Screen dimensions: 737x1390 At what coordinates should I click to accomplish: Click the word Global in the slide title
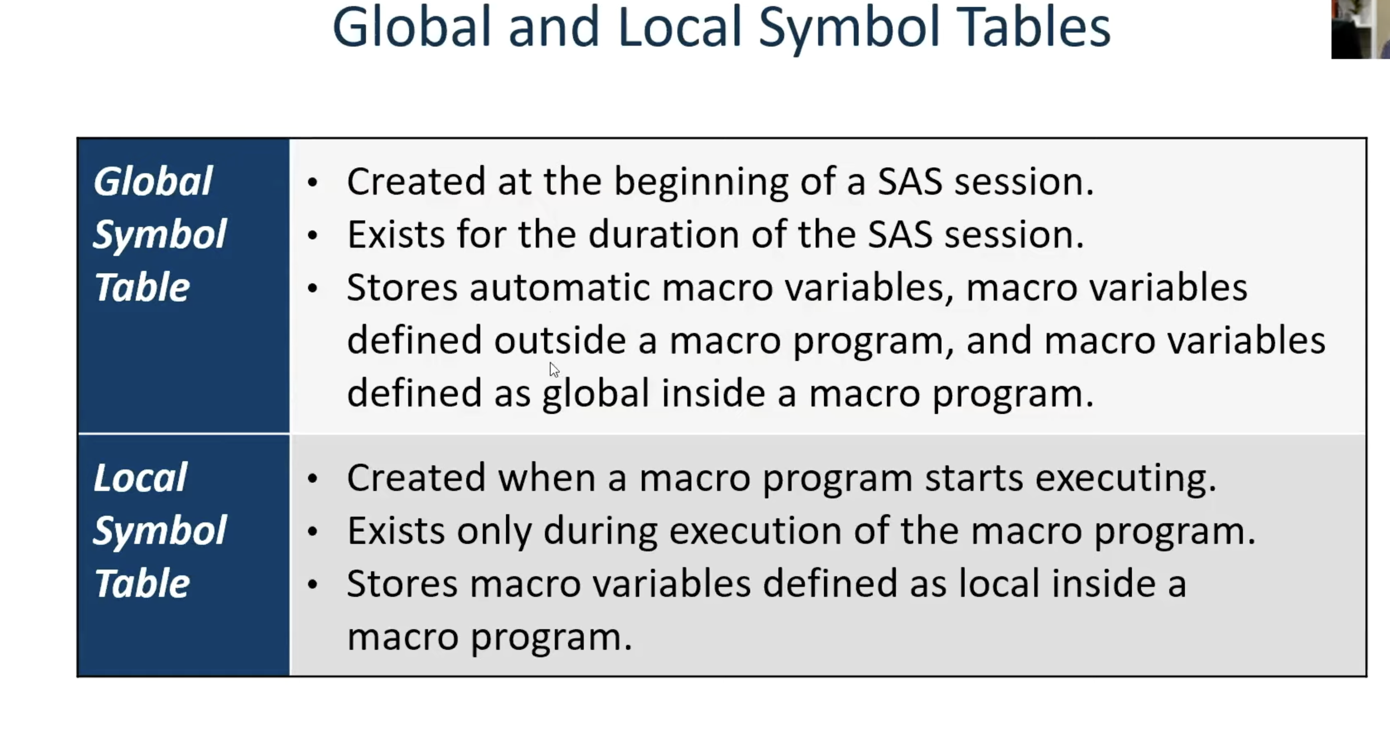click(412, 28)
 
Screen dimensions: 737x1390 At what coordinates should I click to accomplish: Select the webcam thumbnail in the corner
click(1360, 29)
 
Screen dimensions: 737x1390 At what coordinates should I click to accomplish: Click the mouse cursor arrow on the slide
click(554, 369)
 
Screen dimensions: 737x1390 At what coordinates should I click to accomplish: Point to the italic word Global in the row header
click(152, 181)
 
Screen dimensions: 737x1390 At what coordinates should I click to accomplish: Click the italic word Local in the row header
click(140, 478)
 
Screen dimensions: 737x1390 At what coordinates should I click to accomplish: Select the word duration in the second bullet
click(663, 235)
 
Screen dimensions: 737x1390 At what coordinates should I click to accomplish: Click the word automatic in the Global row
click(559, 288)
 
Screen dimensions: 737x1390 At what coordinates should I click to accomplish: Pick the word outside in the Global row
click(559, 341)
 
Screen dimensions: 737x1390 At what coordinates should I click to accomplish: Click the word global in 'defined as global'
click(596, 394)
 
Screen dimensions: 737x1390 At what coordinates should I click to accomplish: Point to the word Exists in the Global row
click(395, 235)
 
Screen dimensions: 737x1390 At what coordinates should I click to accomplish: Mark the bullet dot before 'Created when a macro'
click(312, 478)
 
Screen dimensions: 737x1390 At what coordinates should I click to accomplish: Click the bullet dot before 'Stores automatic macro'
click(312, 288)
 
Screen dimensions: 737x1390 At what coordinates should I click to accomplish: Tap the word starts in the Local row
click(974, 478)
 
